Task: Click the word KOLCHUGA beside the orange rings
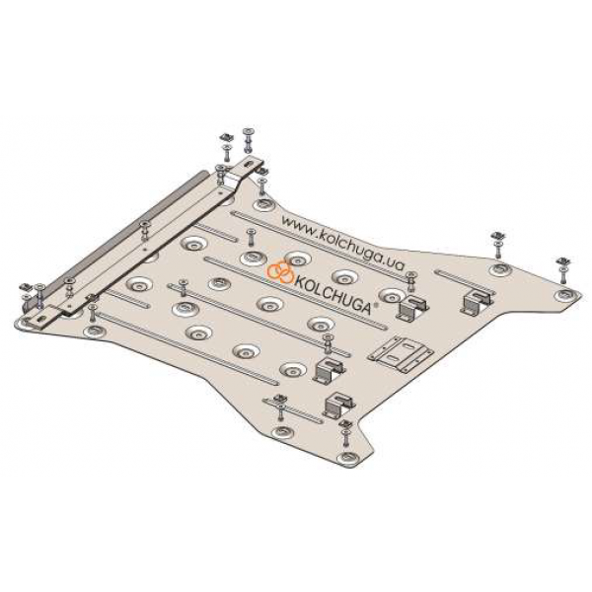point(333,294)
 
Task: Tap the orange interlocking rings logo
point(280,271)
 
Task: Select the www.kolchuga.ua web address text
point(342,243)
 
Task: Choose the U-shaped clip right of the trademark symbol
point(411,307)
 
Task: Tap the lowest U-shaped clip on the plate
point(338,406)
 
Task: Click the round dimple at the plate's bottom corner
point(348,458)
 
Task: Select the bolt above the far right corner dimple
point(563,269)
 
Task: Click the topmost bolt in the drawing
point(249,140)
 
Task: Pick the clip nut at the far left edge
point(28,287)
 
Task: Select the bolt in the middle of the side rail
point(145,232)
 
